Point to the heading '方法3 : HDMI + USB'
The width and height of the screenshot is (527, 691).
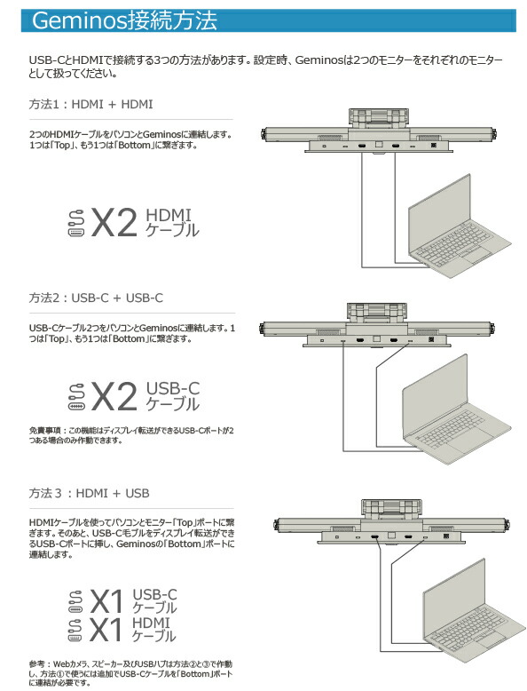[x=89, y=492]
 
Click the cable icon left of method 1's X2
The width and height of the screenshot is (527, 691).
[x=76, y=223]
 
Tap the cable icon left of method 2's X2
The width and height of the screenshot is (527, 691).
[x=76, y=396]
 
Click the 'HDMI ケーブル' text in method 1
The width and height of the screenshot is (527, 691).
[x=171, y=223]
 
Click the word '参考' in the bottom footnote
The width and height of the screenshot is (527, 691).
[x=38, y=665]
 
